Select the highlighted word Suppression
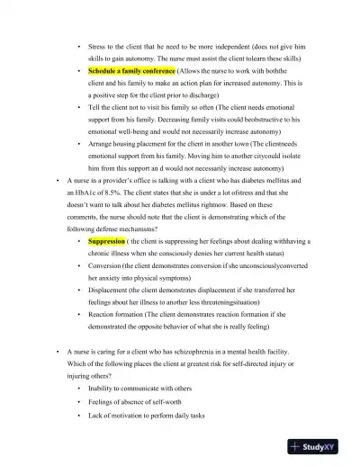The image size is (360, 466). coord(106,242)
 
